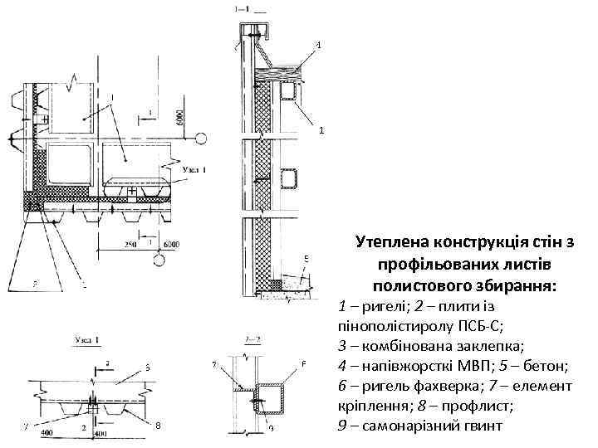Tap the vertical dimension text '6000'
tap(180, 115)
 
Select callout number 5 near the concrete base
tap(306, 258)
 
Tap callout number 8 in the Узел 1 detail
tap(156, 426)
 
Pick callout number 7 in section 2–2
tap(214, 365)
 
